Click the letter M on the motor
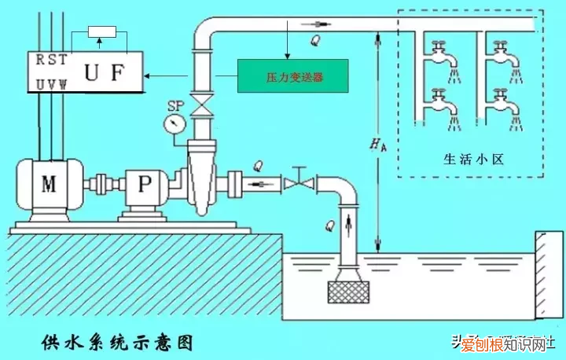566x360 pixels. (x=49, y=184)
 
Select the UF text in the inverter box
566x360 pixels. (x=105, y=72)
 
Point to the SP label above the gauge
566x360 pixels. (x=175, y=105)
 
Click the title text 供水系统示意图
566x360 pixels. (x=116, y=343)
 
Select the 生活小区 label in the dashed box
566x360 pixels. (x=472, y=159)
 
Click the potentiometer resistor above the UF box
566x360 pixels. (x=102, y=31)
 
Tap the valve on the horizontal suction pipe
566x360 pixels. (x=299, y=183)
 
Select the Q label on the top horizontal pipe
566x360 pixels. (x=316, y=39)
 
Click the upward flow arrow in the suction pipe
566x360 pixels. (x=347, y=226)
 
